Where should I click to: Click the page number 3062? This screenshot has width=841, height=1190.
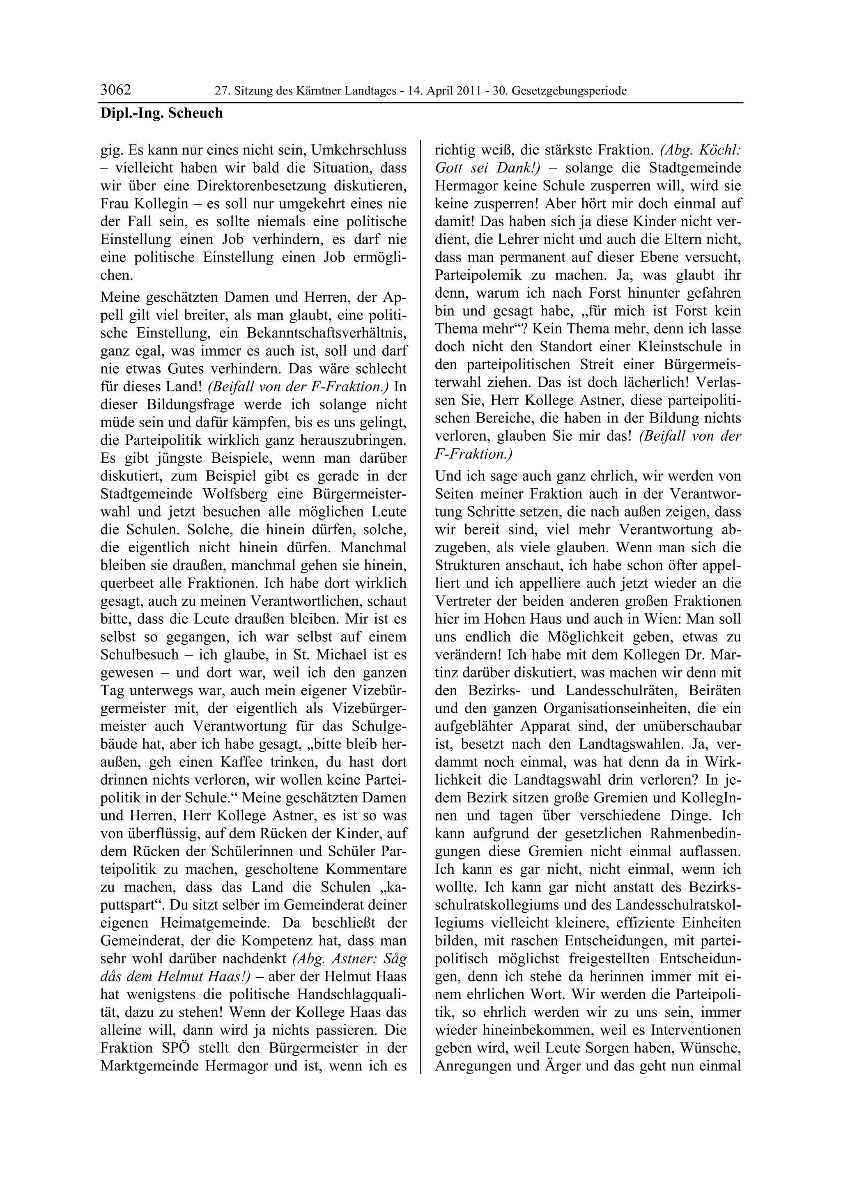115,90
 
